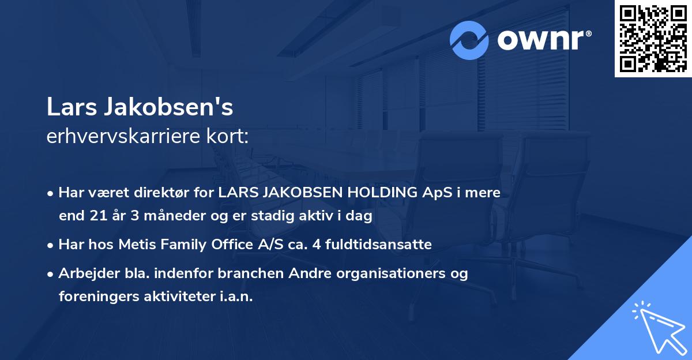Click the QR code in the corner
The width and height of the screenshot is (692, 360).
pos(653,38)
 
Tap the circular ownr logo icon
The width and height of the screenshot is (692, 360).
pos(470,40)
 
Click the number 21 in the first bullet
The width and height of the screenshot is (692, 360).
pos(95,216)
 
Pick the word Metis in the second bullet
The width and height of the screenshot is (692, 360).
pos(137,245)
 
